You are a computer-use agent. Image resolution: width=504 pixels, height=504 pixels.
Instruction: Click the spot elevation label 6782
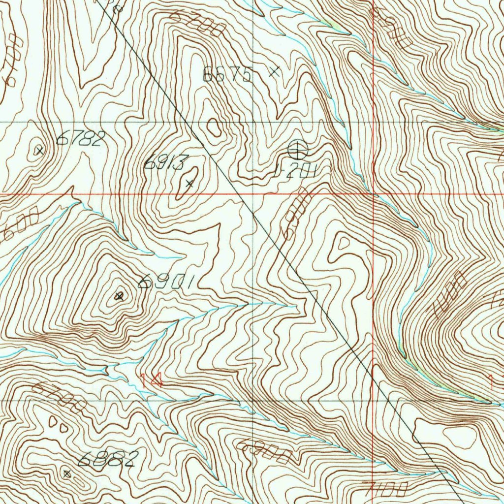click(81, 139)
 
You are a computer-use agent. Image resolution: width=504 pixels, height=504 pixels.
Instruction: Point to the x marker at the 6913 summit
click(189, 184)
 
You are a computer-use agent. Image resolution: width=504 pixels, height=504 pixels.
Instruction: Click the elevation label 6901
click(168, 282)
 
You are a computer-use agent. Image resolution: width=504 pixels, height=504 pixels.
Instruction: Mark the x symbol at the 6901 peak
click(119, 296)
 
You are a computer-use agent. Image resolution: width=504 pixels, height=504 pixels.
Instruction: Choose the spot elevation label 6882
click(107, 459)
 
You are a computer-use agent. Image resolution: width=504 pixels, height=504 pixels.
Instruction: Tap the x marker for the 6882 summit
click(67, 473)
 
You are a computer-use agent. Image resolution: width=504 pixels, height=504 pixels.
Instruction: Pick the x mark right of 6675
click(275, 72)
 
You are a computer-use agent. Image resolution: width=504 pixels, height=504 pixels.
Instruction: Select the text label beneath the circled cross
click(294, 171)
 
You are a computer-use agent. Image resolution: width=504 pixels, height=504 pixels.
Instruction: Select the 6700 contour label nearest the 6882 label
click(60, 398)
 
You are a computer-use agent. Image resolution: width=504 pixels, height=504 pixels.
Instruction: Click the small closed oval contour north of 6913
click(214, 127)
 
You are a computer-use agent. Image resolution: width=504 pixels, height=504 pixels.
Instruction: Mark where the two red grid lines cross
click(374, 194)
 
